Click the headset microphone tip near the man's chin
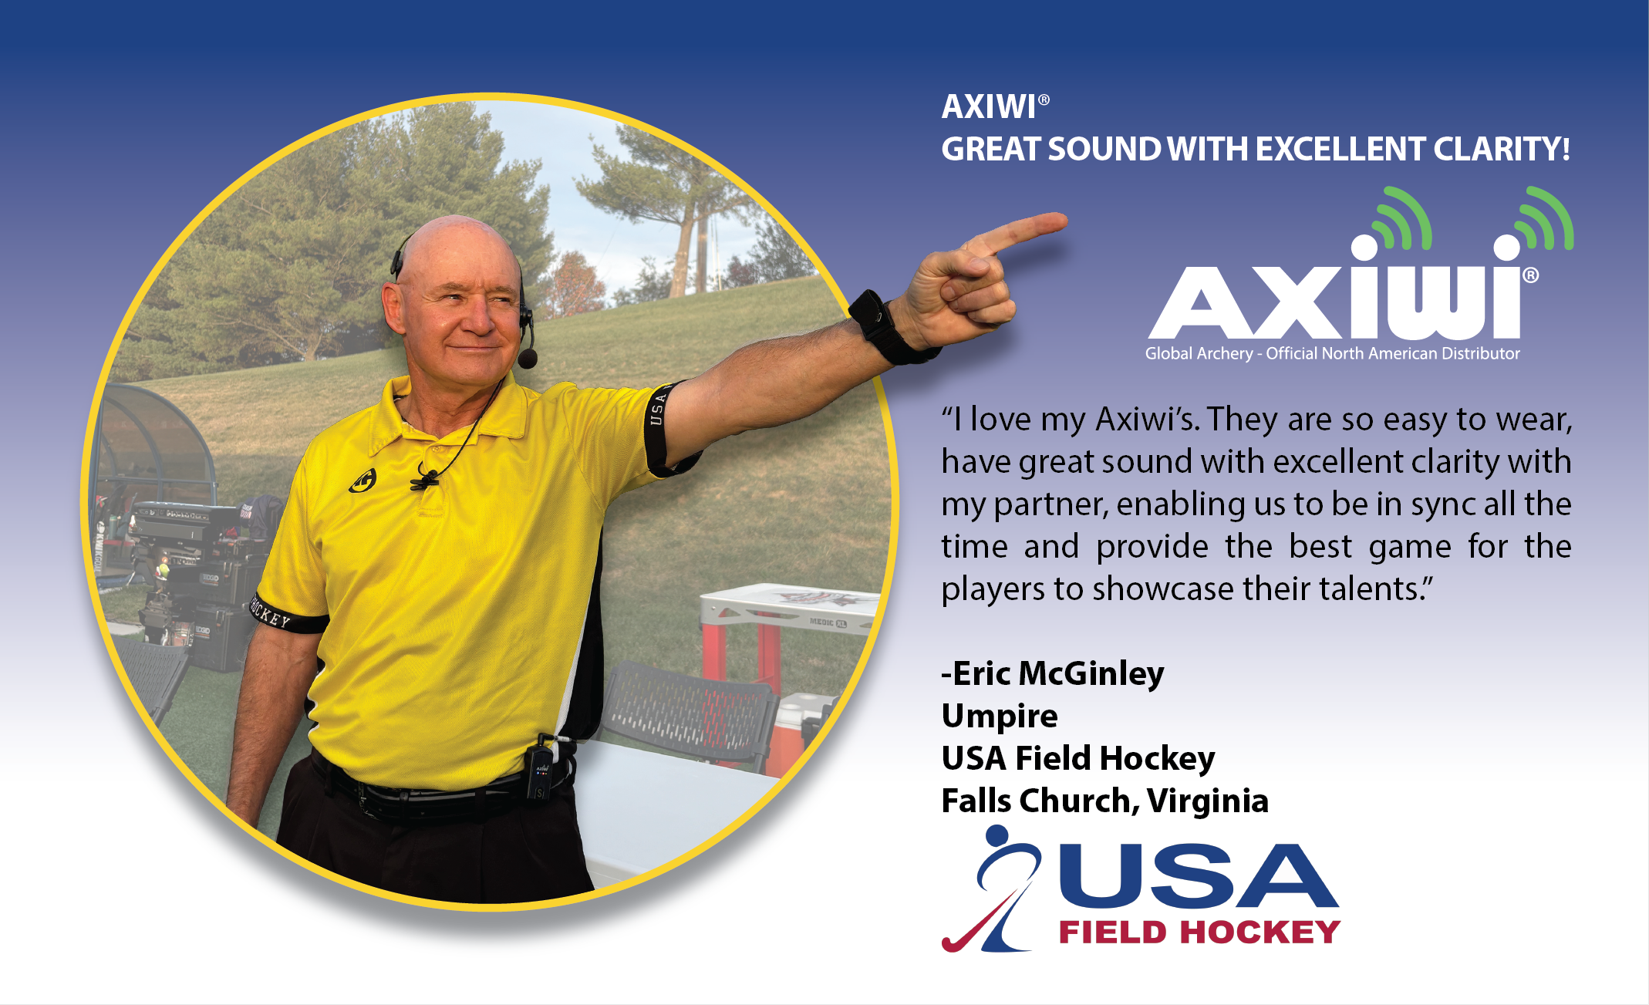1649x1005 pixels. point(528,359)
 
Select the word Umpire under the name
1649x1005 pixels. point(1000,716)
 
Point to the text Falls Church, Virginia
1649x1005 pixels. point(1104,801)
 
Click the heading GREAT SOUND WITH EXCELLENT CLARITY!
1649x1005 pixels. point(1255,150)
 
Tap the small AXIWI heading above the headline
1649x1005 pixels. point(990,107)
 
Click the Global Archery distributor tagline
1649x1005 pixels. point(1332,353)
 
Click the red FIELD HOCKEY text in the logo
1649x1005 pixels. point(1199,932)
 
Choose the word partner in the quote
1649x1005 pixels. point(1050,504)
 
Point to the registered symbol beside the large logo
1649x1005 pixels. point(1531,275)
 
